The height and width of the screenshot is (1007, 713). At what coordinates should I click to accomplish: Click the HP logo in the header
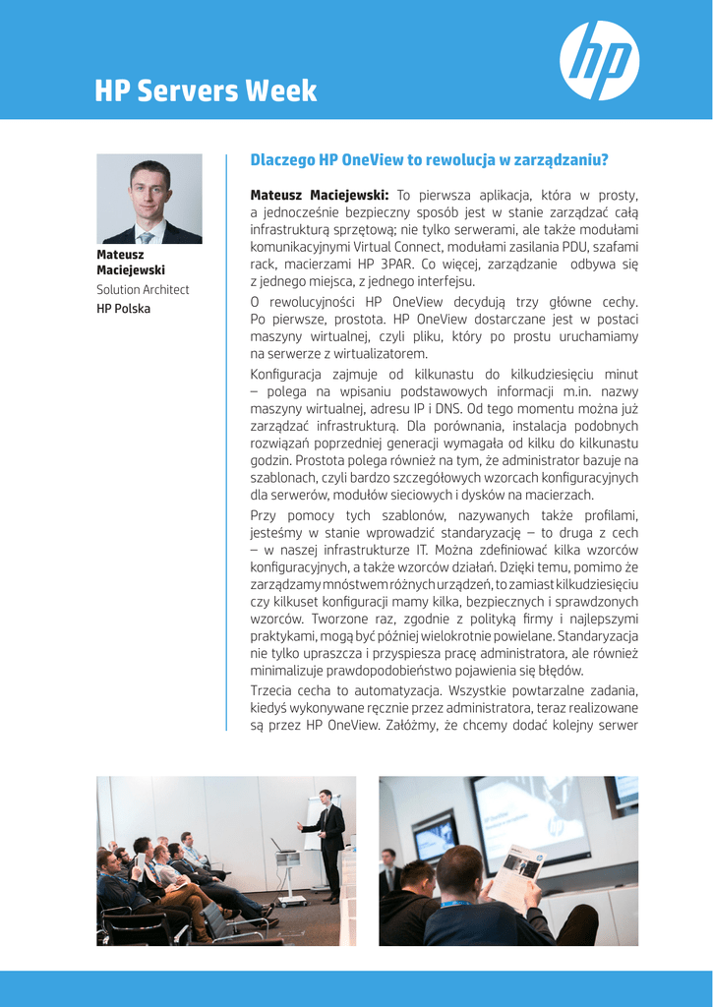click(x=599, y=61)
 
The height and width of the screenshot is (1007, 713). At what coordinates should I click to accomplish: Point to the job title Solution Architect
click(x=143, y=289)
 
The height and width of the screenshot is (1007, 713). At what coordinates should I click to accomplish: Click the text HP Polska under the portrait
click(x=124, y=309)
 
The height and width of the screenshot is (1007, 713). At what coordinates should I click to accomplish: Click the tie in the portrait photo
click(x=147, y=237)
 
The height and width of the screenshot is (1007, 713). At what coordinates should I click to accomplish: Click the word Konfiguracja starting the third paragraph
click(x=290, y=375)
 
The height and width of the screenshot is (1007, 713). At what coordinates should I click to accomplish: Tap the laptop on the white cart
click(x=282, y=846)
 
